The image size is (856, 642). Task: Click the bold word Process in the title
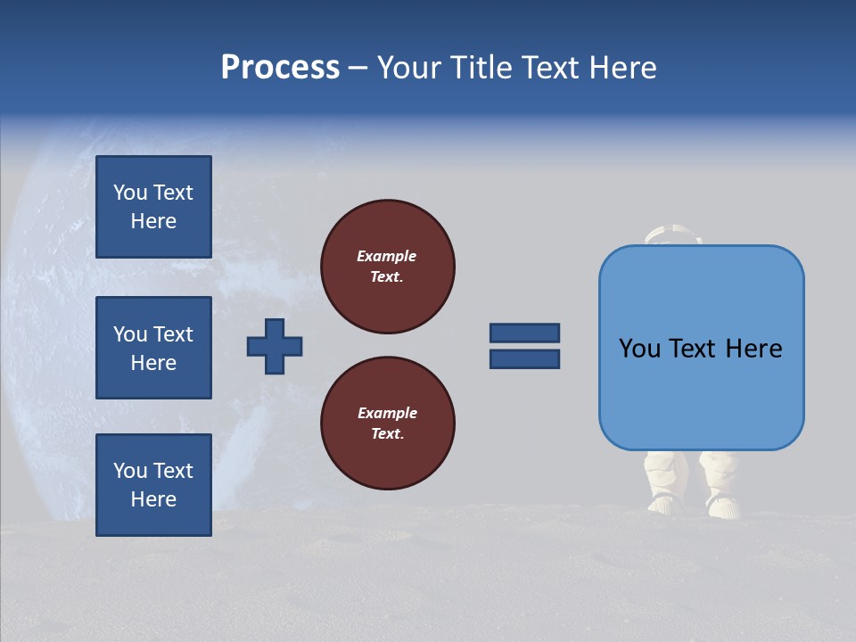pos(280,68)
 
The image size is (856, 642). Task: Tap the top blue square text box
pos(153,207)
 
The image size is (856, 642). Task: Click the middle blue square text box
pos(153,348)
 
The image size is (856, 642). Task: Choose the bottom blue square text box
pos(153,485)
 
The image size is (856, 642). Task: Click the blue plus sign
pos(275,346)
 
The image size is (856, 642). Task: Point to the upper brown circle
pos(388,267)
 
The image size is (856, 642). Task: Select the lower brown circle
pos(388,424)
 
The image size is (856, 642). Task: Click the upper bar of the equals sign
pos(524,333)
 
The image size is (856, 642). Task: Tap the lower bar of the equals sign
pos(524,358)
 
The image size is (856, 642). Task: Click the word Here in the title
pos(621,68)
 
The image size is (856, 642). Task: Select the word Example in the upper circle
pos(387,256)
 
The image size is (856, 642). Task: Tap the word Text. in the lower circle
pos(387,434)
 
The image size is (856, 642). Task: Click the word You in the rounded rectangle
pos(639,349)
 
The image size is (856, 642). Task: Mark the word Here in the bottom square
pos(153,499)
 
